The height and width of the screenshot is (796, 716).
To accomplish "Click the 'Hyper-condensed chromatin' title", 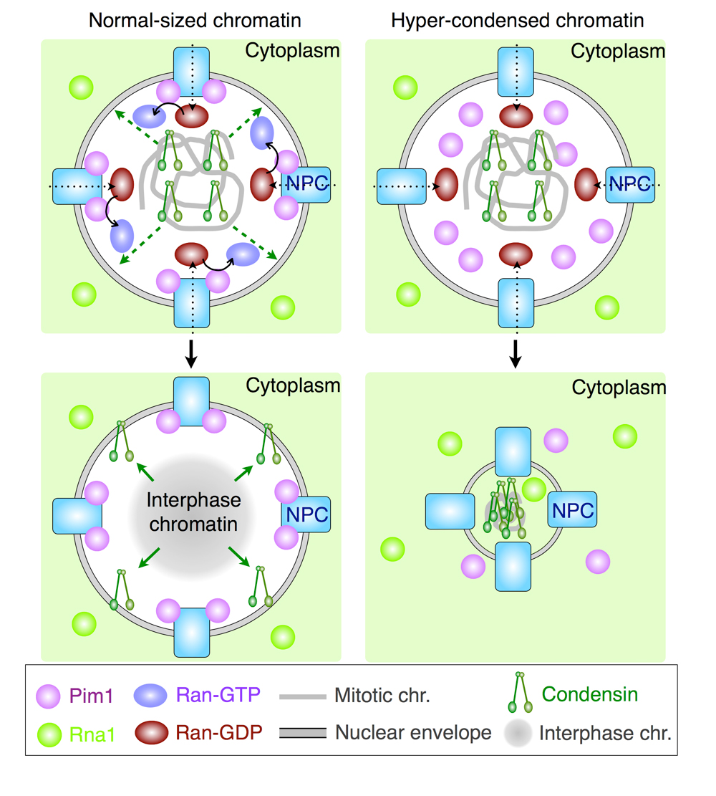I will [x=517, y=20].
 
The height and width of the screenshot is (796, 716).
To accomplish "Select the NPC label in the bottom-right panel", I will [x=571, y=510].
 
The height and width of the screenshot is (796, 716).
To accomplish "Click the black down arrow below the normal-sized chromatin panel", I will [x=190, y=353].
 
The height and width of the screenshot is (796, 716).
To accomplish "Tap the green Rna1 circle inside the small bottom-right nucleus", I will [x=533, y=489].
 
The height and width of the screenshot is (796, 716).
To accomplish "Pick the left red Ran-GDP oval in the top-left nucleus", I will [x=122, y=184].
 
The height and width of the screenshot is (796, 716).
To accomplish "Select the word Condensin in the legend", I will [x=589, y=694].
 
